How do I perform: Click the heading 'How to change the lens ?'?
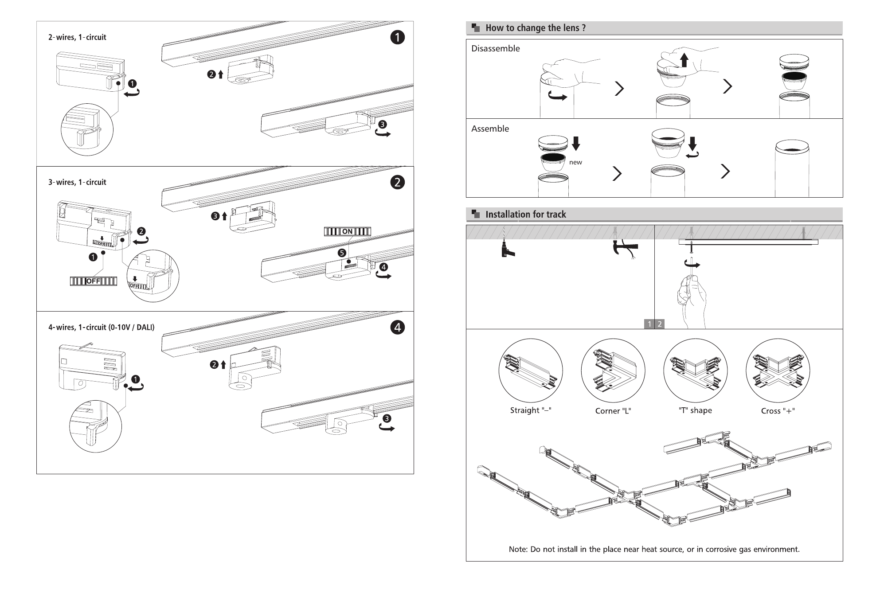click(536, 28)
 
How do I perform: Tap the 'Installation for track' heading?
click(525, 215)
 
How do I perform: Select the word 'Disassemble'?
click(495, 48)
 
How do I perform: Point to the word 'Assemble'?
click(490, 129)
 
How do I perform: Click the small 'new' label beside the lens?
click(575, 162)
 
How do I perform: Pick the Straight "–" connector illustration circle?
click(531, 371)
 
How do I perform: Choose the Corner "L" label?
click(613, 411)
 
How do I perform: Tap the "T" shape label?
click(695, 410)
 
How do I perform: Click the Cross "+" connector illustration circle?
click(778, 371)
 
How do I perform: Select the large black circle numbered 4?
click(397, 328)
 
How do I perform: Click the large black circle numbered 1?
click(397, 37)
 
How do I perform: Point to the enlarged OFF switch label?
click(94, 281)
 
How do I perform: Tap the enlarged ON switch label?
click(348, 231)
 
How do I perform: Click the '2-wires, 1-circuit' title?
click(77, 37)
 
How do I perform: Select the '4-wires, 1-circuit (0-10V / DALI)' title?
click(101, 328)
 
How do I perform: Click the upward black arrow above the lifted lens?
click(684, 60)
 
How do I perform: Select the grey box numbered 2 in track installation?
click(660, 324)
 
